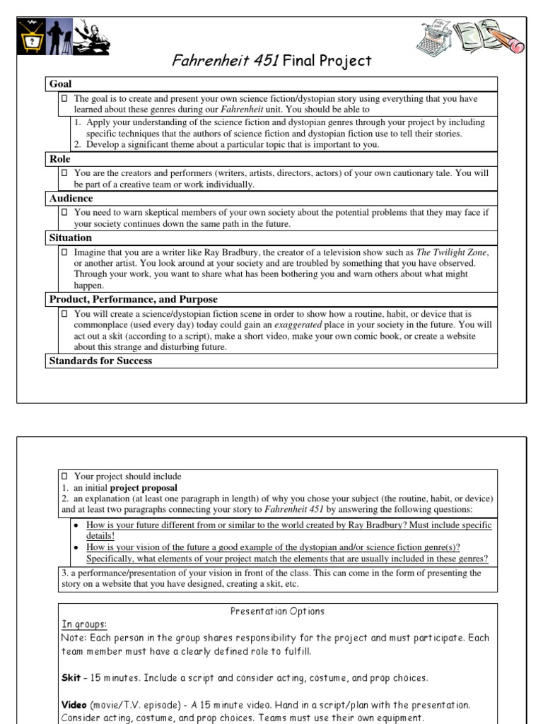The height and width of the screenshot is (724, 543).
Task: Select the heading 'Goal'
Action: [61, 84]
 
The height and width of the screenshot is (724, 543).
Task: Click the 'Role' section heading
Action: [60, 160]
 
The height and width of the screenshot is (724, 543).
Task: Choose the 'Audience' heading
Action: [71, 199]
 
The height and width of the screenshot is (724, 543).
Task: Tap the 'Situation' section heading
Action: [70, 238]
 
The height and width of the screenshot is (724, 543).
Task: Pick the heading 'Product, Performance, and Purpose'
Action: [133, 299]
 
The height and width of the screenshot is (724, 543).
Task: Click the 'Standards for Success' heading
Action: [100, 361]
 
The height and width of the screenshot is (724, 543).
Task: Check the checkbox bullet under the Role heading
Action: [64, 173]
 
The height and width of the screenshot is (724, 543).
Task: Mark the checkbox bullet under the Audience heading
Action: [64, 211]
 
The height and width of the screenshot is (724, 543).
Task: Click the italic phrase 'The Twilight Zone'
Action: [452, 252]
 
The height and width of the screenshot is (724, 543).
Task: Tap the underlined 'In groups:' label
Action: [84, 624]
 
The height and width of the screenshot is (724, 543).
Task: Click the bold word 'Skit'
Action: [71, 678]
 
